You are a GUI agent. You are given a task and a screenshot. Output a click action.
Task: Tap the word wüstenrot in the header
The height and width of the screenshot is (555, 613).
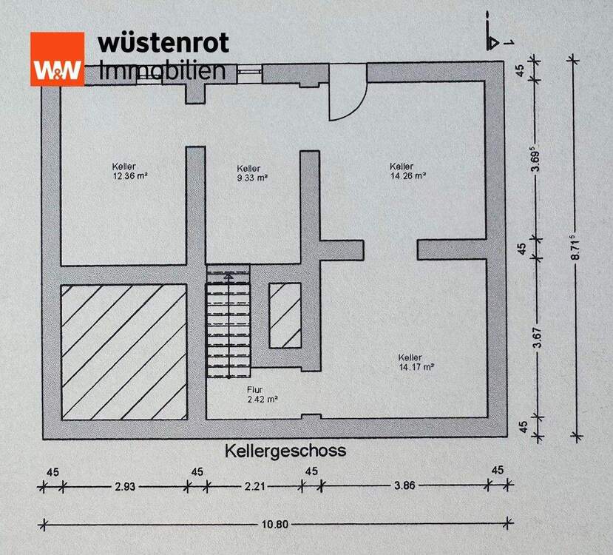163,42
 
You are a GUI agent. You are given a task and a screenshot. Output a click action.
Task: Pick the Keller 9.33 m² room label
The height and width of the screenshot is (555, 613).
251,172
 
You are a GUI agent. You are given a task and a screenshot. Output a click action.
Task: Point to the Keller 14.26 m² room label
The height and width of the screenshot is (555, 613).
407,171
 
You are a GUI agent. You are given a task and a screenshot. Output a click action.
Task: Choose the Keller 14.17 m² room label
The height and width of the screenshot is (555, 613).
416,361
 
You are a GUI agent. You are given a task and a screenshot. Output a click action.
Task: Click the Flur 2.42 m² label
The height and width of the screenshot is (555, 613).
260,394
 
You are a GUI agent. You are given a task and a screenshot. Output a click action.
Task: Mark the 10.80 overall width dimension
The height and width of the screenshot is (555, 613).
275,525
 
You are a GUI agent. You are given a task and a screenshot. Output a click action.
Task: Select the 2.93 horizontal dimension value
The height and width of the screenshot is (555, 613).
123,486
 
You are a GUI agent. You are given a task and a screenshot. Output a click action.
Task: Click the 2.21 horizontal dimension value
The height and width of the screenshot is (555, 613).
254,486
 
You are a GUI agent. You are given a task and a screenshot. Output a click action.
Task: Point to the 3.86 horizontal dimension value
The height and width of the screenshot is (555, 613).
404,486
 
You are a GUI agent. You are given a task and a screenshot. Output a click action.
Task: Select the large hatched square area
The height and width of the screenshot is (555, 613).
123,351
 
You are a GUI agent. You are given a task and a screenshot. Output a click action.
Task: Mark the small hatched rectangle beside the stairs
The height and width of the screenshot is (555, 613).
284,314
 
